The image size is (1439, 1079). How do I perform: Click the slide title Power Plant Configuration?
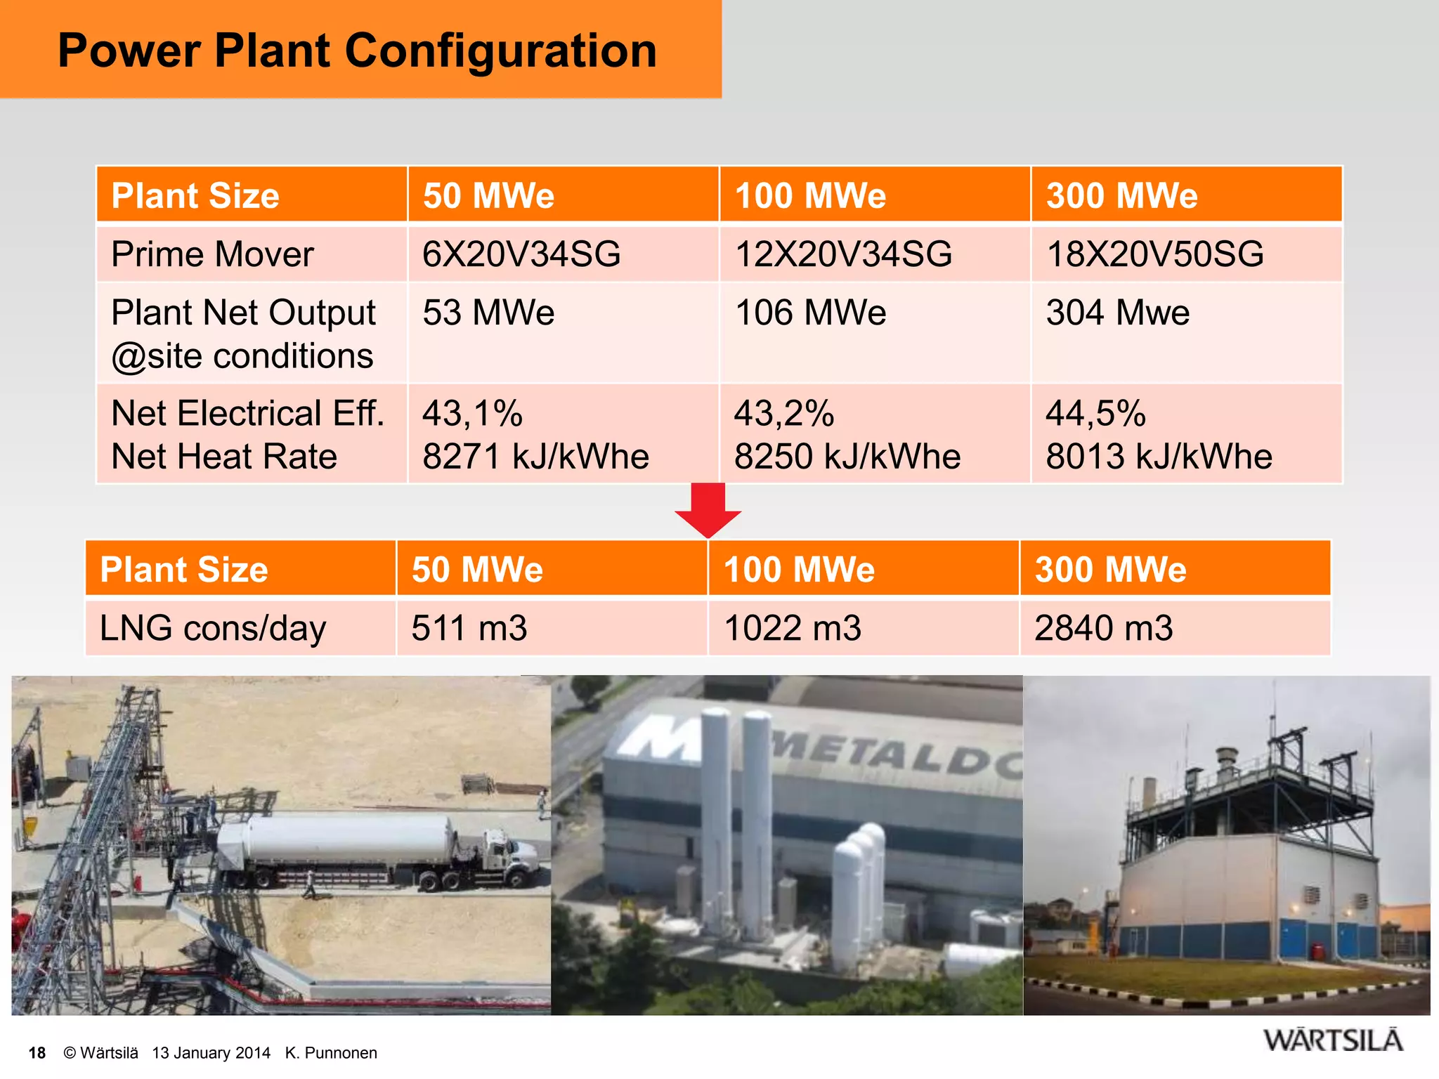[357, 51]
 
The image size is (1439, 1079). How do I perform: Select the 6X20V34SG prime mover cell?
[521, 254]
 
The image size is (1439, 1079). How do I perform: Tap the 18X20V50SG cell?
[1154, 254]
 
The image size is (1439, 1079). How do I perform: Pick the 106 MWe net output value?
[809, 313]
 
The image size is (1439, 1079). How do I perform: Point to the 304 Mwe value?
[1117, 313]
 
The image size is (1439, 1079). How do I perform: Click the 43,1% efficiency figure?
[472, 413]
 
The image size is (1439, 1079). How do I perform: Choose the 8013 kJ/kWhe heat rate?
[1159, 457]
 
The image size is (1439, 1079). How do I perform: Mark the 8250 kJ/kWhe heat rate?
[847, 457]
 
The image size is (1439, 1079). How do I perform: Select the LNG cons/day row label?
[213, 628]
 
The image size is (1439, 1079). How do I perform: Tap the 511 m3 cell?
[469, 628]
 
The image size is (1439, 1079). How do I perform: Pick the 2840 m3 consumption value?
[1103, 628]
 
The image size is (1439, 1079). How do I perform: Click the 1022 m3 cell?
[792, 628]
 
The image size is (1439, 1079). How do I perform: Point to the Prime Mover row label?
[212, 254]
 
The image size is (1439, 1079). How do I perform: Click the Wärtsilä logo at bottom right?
[1333, 1040]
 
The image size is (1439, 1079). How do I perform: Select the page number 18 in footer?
[37, 1053]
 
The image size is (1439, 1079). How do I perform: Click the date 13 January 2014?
[211, 1053]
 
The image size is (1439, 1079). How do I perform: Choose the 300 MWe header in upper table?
[1121, 195]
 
